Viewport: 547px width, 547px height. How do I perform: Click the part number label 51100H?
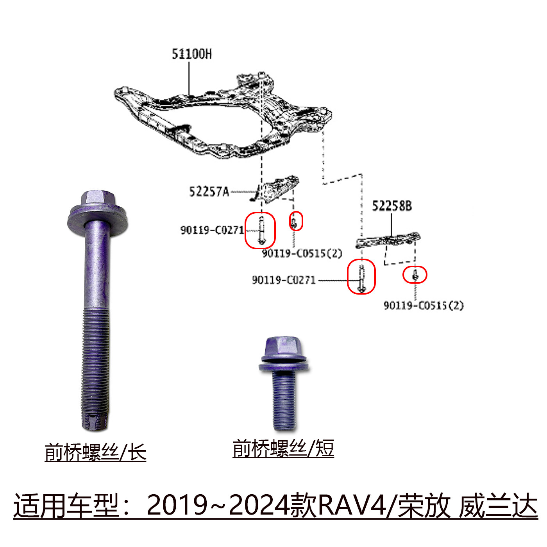[192, 54]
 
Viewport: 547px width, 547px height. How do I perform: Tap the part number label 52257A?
[209, 192]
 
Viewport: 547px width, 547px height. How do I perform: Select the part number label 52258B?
[391, 206]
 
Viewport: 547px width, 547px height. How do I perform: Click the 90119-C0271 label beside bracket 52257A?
[212, 230]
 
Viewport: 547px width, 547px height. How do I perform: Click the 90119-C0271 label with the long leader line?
[284, 280]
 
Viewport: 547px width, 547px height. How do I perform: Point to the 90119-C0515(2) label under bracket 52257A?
[302, 254]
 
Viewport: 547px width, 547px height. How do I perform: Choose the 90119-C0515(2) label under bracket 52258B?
[424, 306]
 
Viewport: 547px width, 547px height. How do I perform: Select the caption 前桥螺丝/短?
[283, 449]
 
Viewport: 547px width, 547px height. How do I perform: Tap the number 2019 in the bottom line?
[177, 506]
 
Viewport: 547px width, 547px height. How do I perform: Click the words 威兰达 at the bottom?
[498, 506]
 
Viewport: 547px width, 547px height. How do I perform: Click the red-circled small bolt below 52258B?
[415, 275]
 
